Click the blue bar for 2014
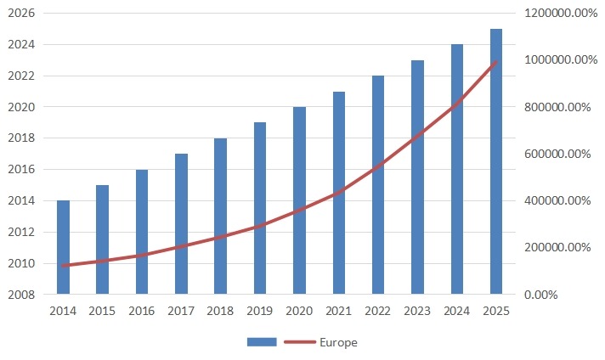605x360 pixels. tap(63, 247)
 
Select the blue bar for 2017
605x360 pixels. tap(181, 224)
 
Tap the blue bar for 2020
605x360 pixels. tap(299, 200)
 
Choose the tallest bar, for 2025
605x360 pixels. tap(496, 161)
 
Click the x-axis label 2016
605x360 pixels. tap(142, 311)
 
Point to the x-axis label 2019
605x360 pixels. tap(260, 311)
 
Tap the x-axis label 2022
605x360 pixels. tap(378, 311)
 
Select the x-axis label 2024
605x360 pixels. tap(456, 311)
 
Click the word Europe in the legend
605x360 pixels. tap(338, 342)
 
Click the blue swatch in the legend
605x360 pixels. tap(263, 342)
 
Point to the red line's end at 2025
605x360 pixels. tap(496, 62)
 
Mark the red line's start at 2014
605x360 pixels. tap(63, 266)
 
